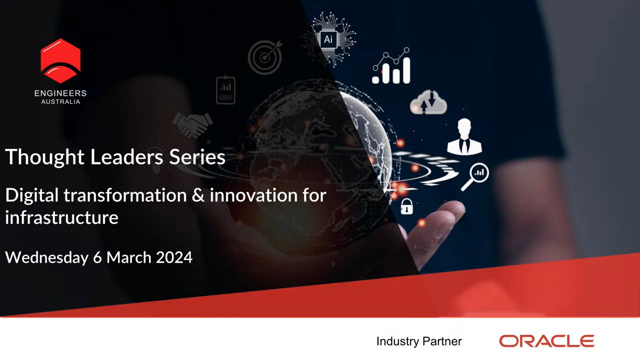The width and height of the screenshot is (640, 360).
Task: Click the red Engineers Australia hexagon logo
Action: pyautogui.click(x=60, y=61)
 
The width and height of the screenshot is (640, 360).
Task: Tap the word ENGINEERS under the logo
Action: pyautogui.click(x=60, y=93)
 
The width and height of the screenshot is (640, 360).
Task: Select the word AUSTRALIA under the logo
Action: pyautogui.click(x=60, y=101)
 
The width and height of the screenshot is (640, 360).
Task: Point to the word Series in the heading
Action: pyautogui.click(x=197, y=157)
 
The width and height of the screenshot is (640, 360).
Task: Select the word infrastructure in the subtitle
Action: pyautogui.click(x=61, y=217)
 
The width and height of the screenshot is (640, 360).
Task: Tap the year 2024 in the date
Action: pyautogui.click(x=174, y=257)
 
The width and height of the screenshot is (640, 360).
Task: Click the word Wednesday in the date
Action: pyautogui.click(x=47, y=257)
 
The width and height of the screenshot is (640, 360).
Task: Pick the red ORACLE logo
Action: pyautogui.click(x=546, y=341)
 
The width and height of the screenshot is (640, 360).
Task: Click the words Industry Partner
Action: pyautogui.click(x=419, y=341)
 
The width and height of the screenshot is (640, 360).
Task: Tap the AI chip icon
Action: pyautogui.click(x=329, y=39)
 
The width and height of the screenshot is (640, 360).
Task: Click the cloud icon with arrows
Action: pyautogui.click(x=428, y=102)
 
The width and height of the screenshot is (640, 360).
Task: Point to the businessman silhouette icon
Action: pyautogui.click(x=464, y=137)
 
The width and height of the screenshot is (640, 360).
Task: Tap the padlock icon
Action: pyautogui.click(x=406, y=206)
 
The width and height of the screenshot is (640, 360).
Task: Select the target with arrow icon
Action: pyautogui.click(x=265, y=57)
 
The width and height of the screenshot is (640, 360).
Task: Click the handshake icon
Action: pyautogui.click(x=192, y=124)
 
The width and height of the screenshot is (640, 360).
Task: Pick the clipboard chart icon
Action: pyautogui.click(x=225, y=89)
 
